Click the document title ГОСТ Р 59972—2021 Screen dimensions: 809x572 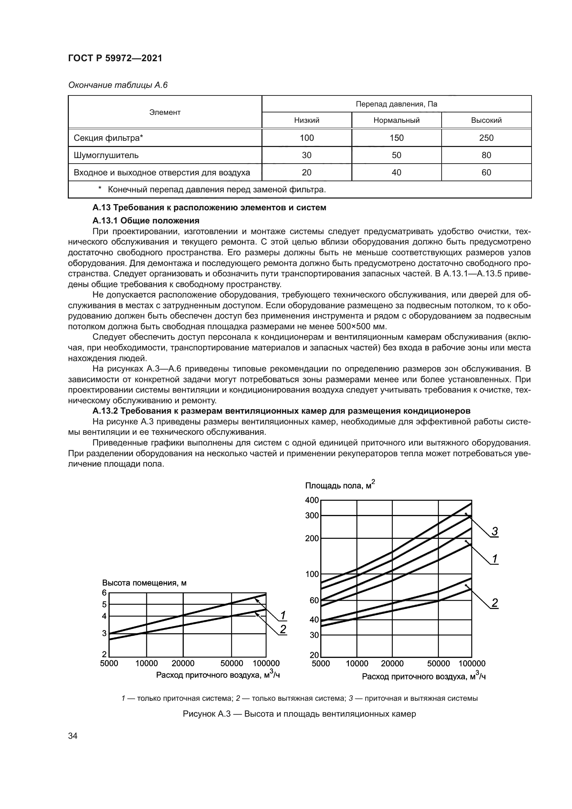click(x=115, y=58)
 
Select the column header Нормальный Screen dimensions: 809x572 click(x=396, y=120)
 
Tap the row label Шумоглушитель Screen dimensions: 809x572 click(x=106, y=155)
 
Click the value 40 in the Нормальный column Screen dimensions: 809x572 click(x=396, y=173)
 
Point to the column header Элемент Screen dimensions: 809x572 click(x=165, y=112)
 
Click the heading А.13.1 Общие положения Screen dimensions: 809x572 click(x=146, y=221)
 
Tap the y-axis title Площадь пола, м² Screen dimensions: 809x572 click(x=340, y=486)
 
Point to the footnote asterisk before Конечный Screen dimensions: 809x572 click(x=100, y=190)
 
